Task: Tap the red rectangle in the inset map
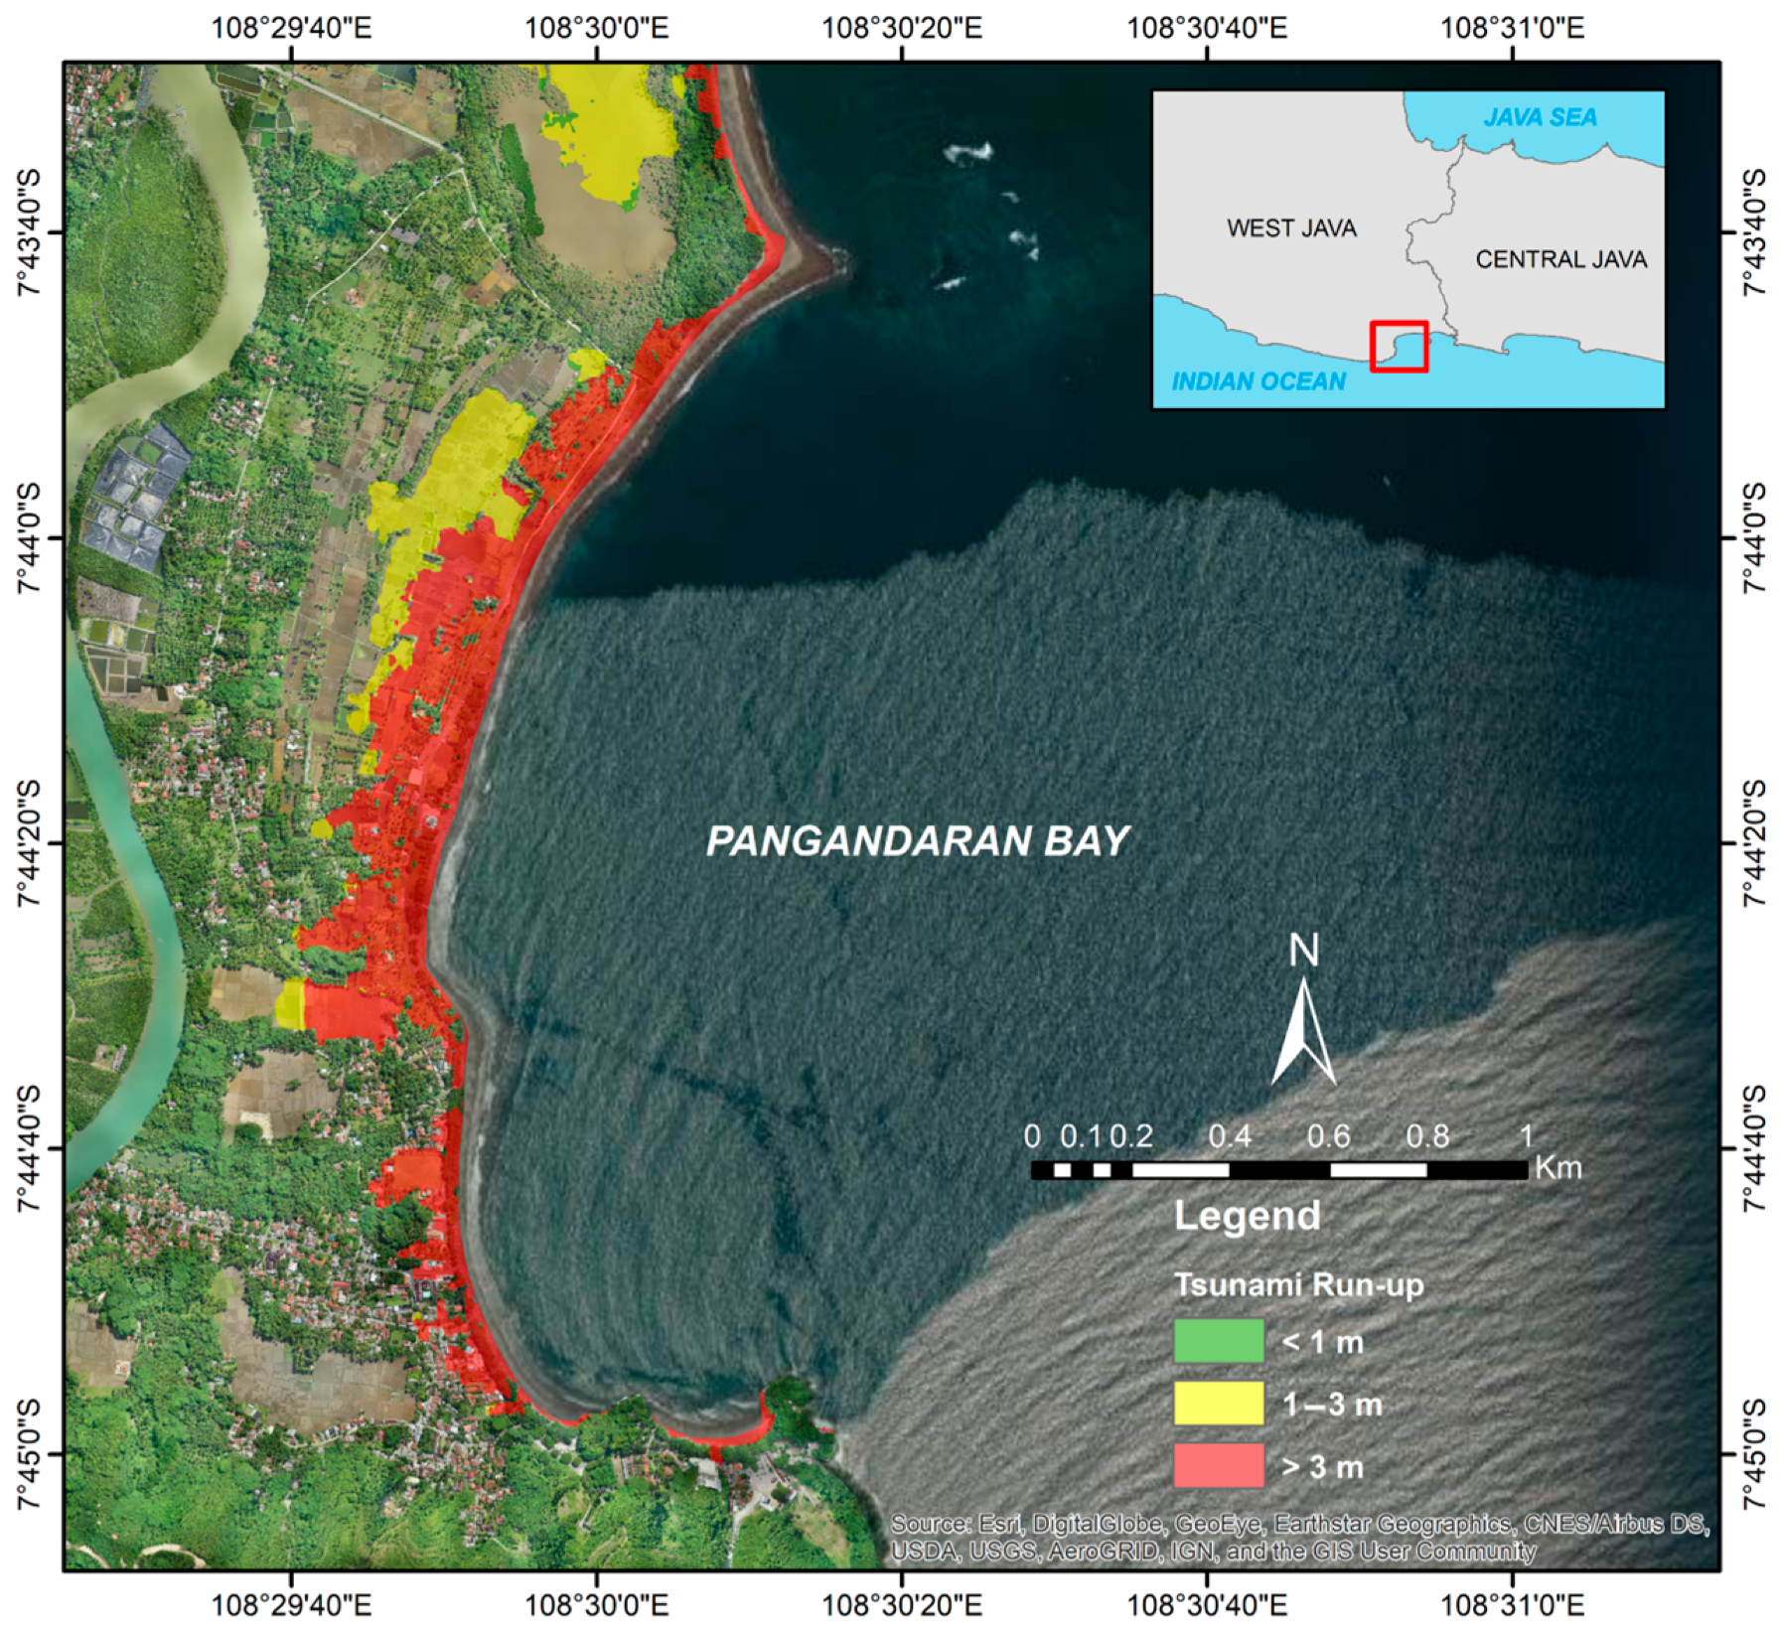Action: [x=1399, y=347]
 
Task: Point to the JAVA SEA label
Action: [x=1540, y=117]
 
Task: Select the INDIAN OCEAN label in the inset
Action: [x=1259, y=381]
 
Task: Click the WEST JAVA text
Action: [x=1291, y=228]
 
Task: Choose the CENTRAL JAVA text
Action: [x=1560, y=259]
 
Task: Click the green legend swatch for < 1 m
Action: [x=1218, y=1341]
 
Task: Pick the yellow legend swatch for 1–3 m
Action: [x=1218, y=1404]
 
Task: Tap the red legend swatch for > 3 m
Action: [x=1218, y=1465]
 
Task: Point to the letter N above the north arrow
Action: [x=1303, y=951]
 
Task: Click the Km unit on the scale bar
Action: [x=1557, y=1167]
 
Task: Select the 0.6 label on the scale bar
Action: [x=1328, y=1135]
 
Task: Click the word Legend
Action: [x=1247, y=1216]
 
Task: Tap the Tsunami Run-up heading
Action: [x=1298, y=1284]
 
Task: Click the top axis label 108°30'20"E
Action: [x=901, y=27]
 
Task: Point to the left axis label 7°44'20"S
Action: [x=28, y=843]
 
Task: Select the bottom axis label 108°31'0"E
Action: [x=1512, y=1604]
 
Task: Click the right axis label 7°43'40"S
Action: [x=1754, y=232]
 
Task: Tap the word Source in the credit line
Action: [x=929, y=1524]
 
